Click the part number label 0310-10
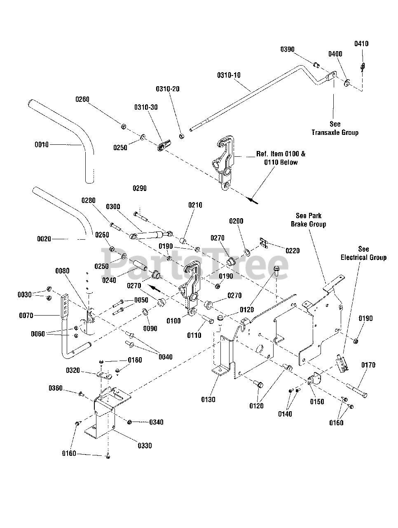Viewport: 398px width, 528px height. point(229,75)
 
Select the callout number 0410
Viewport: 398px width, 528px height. point(361,44)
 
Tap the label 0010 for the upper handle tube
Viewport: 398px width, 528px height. point(42,145)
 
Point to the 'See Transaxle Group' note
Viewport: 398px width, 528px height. point(335,128)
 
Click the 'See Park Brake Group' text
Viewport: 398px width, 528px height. point(309,220)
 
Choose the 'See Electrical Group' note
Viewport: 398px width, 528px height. point(363,253)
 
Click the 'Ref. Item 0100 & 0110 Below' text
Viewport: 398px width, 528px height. point(281,158)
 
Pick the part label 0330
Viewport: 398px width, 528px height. point(144,445)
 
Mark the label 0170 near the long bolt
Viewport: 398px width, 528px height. point(368,365)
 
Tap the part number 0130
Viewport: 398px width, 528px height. point(208,399)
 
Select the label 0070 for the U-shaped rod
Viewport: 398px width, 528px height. point(26,316)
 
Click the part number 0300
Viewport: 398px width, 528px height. point(113,206)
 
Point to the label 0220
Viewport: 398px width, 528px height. point(293,251)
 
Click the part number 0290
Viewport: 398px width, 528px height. point(140,189)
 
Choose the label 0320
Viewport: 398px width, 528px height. point(73,370)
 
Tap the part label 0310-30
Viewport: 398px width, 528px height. point(146,107)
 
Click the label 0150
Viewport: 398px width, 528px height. point(317,402)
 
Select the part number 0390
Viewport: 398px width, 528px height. point(288,49)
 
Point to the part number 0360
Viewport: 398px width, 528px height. point(56,388)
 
